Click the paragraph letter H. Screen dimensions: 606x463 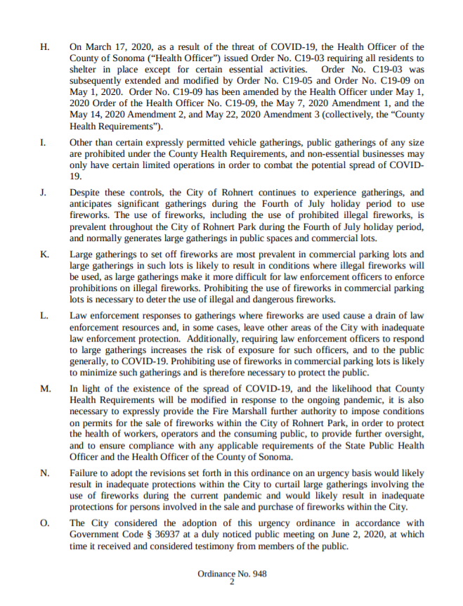(46, 47)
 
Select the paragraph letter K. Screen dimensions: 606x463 (46, 253)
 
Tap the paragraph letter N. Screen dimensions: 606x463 (46, 474)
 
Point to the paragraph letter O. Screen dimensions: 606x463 (46, 522)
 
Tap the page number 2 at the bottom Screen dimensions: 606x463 (231, 581)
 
